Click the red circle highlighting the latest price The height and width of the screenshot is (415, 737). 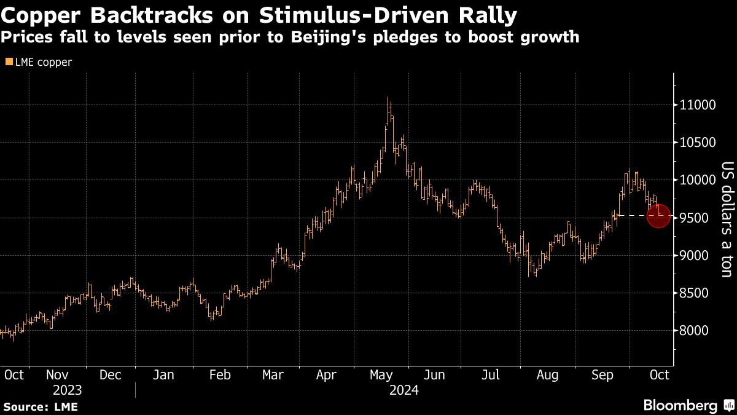[x=658, y=216]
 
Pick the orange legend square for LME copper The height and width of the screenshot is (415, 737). [x=9, y=62]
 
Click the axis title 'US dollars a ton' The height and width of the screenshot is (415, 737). [x=727, y=219]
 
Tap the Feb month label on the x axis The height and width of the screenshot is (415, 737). [x=219, y=374]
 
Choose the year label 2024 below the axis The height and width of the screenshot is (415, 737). [x=403, y=390]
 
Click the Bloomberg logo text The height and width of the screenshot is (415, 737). [x=680, y=405]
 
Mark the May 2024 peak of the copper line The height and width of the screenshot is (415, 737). [x=388, y=98]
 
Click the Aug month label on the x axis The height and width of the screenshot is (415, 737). [x=547, y=374]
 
